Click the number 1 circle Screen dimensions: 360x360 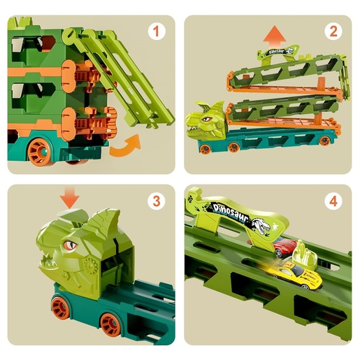[x=157, y=31]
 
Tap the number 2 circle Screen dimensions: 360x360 [x=333, y=31]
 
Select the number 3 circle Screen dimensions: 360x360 [x=157, y=201]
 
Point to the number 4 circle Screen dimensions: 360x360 [x=333, y=201]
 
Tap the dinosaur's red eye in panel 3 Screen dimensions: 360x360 [x=71, y=245]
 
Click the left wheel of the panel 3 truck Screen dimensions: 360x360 [x=61, y=308]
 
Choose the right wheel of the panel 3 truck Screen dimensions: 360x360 [x=110, y=323]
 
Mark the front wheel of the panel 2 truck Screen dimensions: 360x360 [x=205, y=149]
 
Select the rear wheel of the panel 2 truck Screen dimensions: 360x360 [x=324, y=141]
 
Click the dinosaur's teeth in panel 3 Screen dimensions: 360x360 [x=52, y=264]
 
